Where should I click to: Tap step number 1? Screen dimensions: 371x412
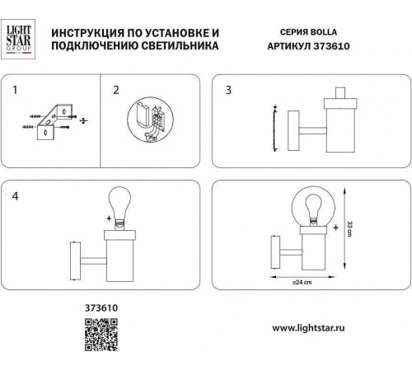click(15, 88)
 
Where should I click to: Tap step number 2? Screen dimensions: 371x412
click(116, 88)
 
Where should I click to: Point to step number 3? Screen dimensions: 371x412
click(228, 88)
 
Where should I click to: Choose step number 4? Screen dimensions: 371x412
click(15, 196)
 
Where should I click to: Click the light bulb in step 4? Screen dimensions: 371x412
click(120, 209)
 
